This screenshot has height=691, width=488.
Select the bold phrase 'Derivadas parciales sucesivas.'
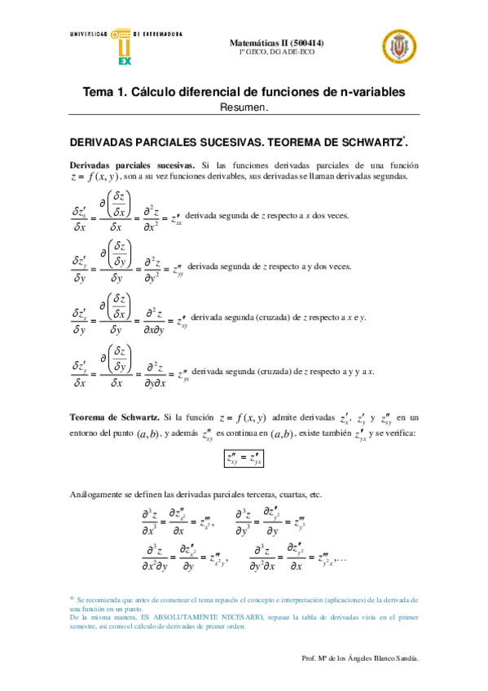[132, 164]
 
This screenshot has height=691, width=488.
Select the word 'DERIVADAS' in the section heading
[107, 141]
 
